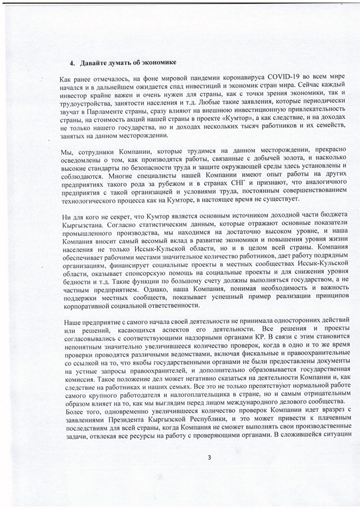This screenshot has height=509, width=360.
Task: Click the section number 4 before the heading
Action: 71,63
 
